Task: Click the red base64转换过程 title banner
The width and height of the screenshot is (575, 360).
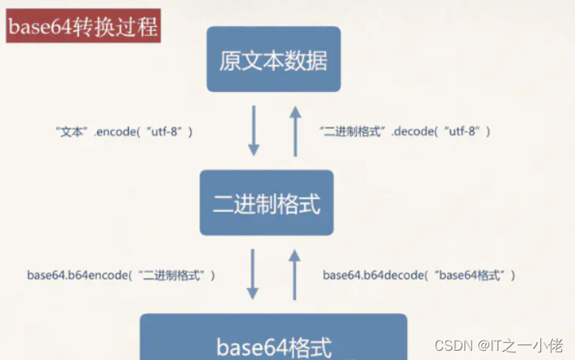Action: pos(83,29)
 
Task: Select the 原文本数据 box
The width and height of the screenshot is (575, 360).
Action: pos(274,59)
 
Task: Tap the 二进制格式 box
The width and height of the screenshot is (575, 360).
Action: pos(267,203)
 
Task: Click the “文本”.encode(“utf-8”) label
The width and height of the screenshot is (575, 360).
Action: pos(124,132)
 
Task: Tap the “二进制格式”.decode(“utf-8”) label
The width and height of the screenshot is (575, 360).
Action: pos(405,132)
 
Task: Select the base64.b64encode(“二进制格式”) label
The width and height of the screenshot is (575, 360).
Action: pos(121,275)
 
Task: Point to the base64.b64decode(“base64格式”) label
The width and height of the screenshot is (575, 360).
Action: pos(419,275)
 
